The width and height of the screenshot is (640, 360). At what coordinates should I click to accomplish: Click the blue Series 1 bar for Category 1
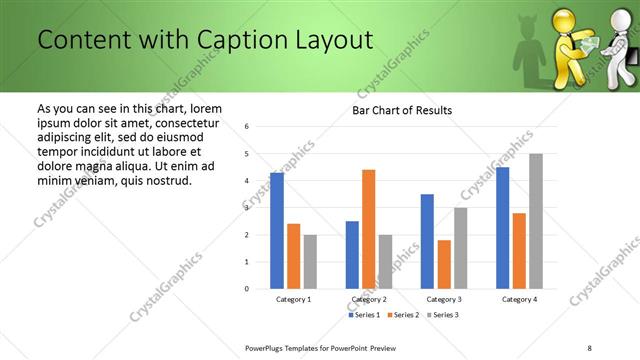277,231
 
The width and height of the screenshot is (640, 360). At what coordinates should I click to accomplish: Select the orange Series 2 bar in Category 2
368,229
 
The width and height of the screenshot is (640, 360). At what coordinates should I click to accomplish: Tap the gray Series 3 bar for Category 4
536,221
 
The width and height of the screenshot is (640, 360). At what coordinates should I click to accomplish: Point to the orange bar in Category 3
444,264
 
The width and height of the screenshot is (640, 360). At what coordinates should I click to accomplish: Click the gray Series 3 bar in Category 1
310,262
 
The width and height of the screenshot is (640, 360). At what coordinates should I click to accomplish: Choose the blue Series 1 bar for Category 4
503,228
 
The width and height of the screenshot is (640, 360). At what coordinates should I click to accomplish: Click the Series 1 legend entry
367,315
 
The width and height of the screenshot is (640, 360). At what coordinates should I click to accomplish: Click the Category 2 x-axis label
368,299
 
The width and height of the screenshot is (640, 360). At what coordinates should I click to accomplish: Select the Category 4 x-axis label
519,299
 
